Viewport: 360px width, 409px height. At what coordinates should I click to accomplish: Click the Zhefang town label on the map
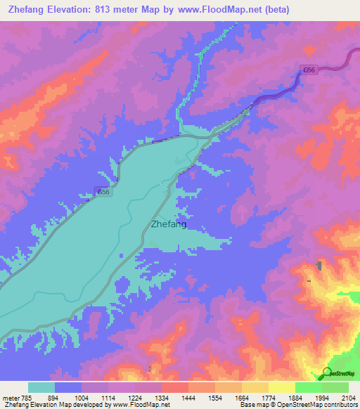pyautogui.click(x=169, y=225)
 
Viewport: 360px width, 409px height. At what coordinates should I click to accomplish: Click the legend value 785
pyautogui.click(x=27, y=397)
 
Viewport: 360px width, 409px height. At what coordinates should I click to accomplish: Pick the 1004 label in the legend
pyautogui.click(x=82, y=397)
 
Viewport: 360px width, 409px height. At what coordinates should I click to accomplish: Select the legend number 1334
pyautogui.click(x=162, y=397)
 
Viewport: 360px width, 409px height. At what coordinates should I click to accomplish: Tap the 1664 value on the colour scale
pyautogui.click(x=242, y=397)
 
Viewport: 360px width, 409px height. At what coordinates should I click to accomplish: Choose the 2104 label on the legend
pyautogui.click(x=348, y=397)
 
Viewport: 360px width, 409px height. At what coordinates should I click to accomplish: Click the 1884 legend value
pyautogui.click(x=295, y=397)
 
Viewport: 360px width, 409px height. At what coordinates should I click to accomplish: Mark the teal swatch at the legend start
pyautogui.click(x=41, y=387)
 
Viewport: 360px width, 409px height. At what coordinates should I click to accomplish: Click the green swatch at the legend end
pyautogui.click(x=335, y=387)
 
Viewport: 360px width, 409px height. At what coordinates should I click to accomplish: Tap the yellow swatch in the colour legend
pyautogui.click(x=281, y=387)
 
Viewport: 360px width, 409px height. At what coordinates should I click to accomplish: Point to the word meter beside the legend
pyautogui.click(x=10, y=397)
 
